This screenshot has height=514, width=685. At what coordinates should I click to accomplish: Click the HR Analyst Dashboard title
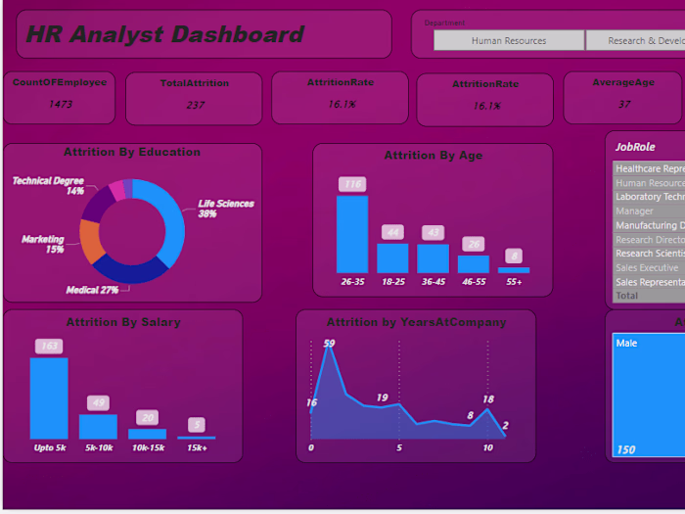(x=164, y=35)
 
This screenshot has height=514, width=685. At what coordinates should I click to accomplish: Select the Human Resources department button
(x=508, y=41)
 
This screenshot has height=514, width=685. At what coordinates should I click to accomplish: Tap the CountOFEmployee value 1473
(x=60, y=104)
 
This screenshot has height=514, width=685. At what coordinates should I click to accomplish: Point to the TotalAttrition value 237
(x=194, y=105)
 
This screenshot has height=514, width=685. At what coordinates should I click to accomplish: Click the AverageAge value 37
(x=623, y=104)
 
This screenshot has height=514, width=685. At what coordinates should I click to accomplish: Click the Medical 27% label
(x=92, y=290)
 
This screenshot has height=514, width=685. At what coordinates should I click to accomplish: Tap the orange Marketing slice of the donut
(x=92, y=242)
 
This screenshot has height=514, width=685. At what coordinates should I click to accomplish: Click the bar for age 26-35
(x=352, y=234)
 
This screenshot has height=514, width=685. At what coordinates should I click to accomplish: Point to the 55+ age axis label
(x=514, y=281)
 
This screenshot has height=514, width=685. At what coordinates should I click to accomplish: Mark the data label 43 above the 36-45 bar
(x=433, y=232)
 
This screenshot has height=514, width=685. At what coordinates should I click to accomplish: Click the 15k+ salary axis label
(x=197, y=447)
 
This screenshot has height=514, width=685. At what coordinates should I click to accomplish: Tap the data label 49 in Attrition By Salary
(x=98, y=402)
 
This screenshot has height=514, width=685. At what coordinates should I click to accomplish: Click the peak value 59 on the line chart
(x=329, y=343)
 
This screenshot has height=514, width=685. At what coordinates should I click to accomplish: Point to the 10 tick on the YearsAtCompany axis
(x=487, y=447)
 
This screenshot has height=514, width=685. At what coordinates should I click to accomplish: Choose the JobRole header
(x=635, y=147)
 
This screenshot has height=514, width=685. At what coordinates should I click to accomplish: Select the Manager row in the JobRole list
(x=634, y=210)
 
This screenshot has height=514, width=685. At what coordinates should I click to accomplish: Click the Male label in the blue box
(x=626, y=344)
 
